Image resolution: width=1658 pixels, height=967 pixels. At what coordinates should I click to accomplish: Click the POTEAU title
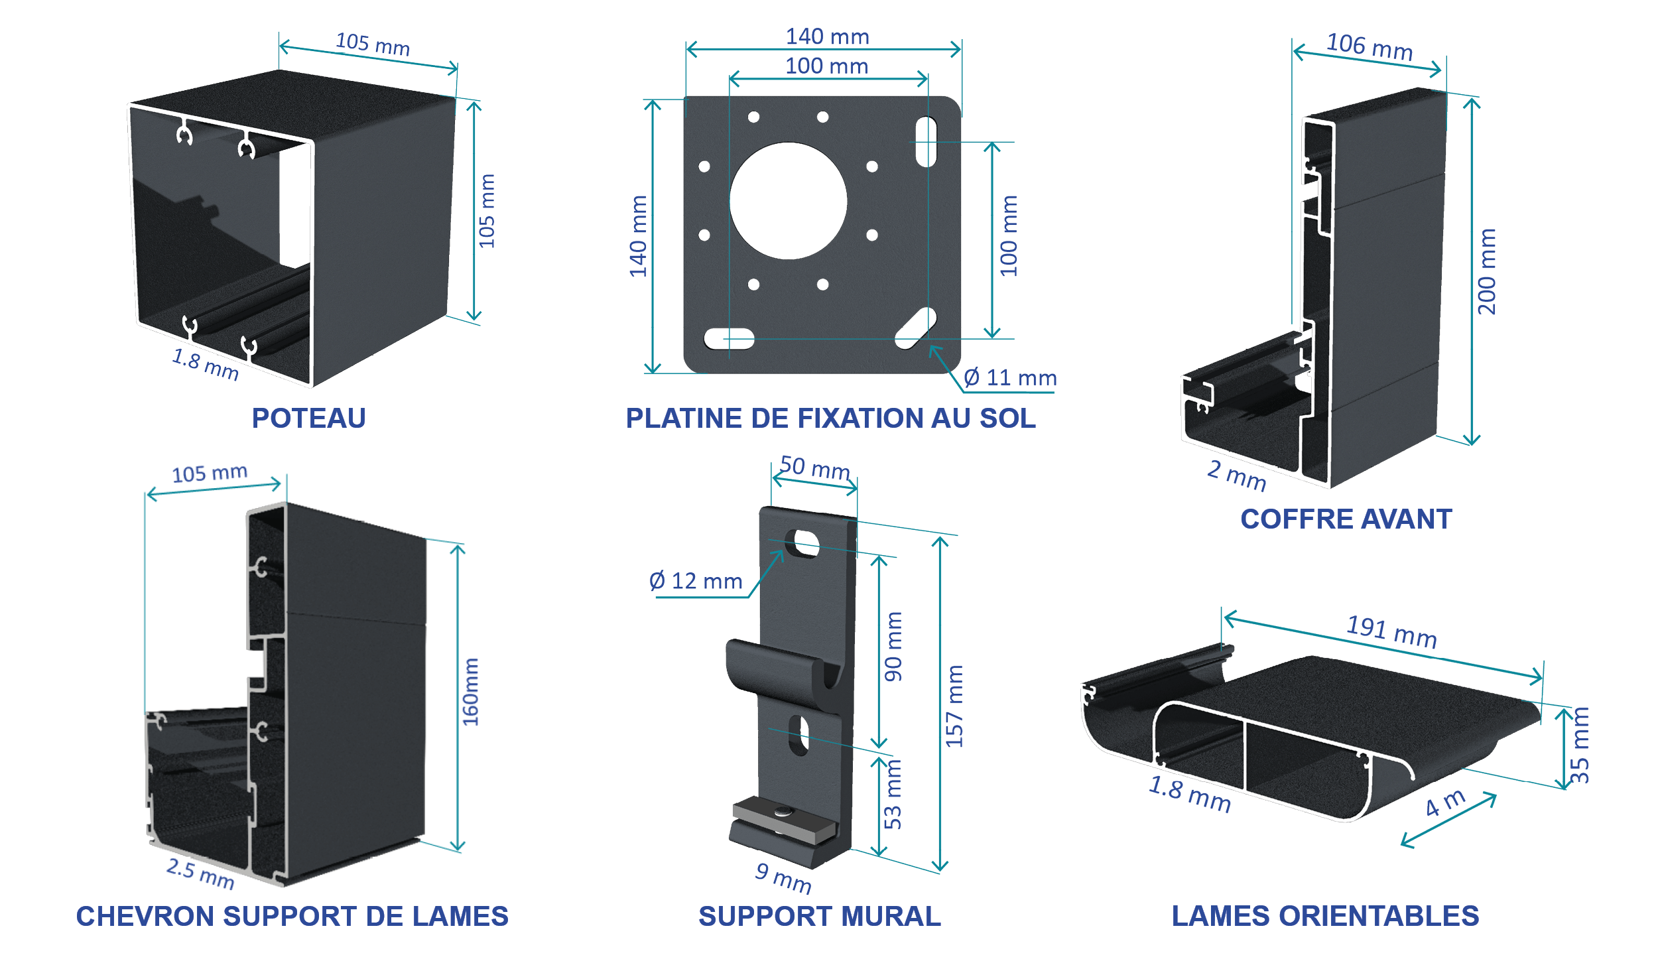click(x=308, y=419)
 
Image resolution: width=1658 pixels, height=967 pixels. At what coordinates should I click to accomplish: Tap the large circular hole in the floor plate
click(x=788, y=201)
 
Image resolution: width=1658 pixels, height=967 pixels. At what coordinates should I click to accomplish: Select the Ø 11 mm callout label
click(x=1009, y=378)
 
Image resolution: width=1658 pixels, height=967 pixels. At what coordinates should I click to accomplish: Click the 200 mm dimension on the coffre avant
click(x=1487, y=271)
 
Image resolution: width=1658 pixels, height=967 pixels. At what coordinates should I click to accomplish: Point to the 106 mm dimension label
click(x=1370, y=47)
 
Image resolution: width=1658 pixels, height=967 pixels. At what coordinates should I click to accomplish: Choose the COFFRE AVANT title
click(x=1346, y=519)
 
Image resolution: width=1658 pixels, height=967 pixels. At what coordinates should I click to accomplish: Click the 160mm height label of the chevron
click(x=470, y=692)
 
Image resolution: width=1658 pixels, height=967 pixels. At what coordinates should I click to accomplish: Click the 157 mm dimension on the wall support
click(x=954, y=706)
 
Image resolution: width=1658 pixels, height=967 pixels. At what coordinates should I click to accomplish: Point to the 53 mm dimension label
click(x=893, y=795)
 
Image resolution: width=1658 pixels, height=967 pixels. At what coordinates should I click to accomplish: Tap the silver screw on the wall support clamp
click(x=783, y=810)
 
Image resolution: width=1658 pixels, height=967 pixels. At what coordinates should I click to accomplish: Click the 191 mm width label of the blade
click(x=1391, y=631)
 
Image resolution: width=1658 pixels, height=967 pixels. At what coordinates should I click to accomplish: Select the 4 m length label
click(x=1446, y=803)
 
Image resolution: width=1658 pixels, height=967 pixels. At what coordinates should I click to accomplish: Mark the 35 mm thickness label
click(x=1580, y=745)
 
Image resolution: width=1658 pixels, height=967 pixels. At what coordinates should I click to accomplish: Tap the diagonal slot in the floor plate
click(x=916, y=328)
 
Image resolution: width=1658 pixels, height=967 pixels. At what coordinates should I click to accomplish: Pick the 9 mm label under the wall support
click(x=783, y=878)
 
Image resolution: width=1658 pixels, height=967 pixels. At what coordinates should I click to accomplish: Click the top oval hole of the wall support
click(x=802, y=543)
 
